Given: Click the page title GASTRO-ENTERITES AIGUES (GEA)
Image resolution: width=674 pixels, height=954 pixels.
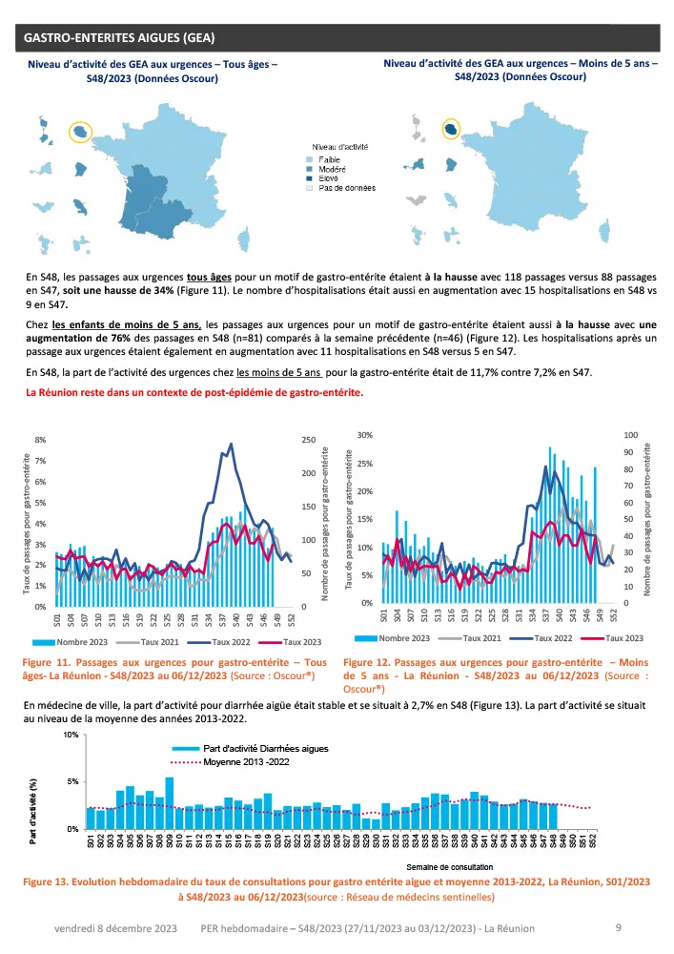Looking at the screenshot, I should pyautogui.click(x=118, y=38).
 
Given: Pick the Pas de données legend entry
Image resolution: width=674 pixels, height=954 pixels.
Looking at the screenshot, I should pyautogui.click(x=347, y=188).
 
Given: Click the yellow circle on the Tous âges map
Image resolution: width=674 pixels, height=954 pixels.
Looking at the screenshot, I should pyautogui.click(x=79, y=131).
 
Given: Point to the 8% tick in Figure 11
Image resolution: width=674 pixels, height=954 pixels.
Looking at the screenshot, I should pyautogui.click(x=40, y=440).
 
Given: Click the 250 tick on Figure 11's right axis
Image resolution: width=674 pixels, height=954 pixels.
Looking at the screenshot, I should pyautogui.click(x=309, y=440).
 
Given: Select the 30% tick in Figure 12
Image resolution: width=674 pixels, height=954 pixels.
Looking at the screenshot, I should pyautogui.click(x=365, y=435).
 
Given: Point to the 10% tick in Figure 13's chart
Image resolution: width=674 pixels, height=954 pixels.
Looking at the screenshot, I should pyautogui.click(x=71, y=736).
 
